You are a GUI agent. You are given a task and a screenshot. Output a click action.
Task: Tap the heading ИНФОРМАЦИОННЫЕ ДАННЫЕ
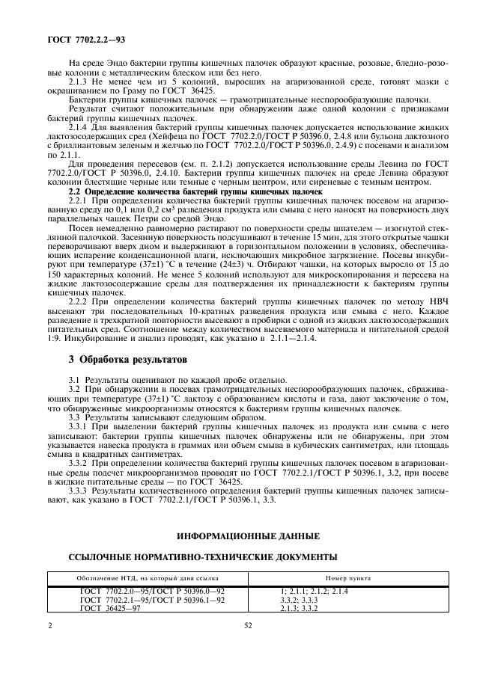[x=248, y=536]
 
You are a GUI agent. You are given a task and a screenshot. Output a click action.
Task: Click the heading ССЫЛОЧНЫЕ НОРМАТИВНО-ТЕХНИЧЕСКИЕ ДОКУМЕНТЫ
[x=202, y=556]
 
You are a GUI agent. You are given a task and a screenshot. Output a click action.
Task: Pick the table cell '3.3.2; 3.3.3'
[x=298, y=600]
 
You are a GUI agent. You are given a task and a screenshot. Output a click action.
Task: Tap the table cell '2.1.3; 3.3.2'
[x=298, y=608]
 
